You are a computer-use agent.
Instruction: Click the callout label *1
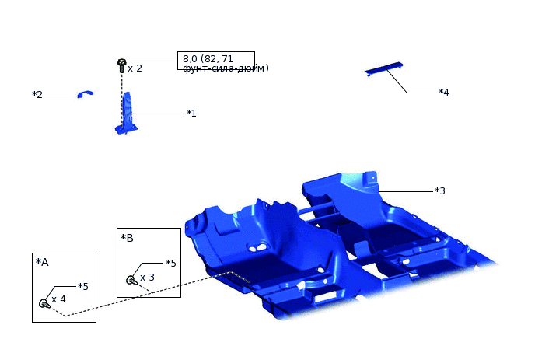point(191,114)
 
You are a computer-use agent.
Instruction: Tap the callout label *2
point(37,95)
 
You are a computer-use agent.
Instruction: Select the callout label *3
point(440,190)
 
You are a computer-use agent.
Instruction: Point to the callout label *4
point(444,92)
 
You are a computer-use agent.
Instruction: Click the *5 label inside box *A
point(83,287)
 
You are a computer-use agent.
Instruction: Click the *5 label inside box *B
point(171,263)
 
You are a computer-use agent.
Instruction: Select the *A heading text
point(42,262)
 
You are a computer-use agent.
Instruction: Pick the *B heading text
point(127,238)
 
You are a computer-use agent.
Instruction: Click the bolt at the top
point(122,65)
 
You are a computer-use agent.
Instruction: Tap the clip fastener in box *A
point(44,303)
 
